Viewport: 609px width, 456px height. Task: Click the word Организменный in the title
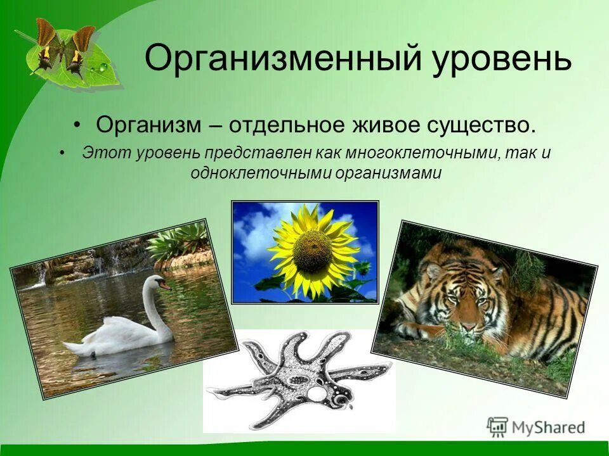279,60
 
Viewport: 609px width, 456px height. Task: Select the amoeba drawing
298,380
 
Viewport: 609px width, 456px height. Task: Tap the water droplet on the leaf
102,66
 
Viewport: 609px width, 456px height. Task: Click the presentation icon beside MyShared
497,427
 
